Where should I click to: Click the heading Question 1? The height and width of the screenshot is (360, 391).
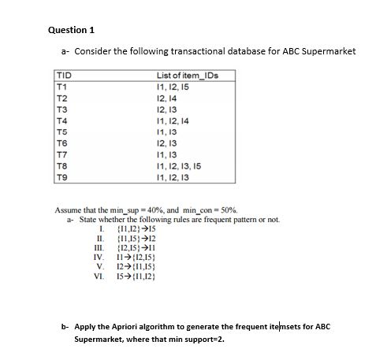(71, 30)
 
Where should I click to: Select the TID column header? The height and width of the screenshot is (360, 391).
(62, 76)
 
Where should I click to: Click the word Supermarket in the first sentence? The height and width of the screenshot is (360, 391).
(328, 51)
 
